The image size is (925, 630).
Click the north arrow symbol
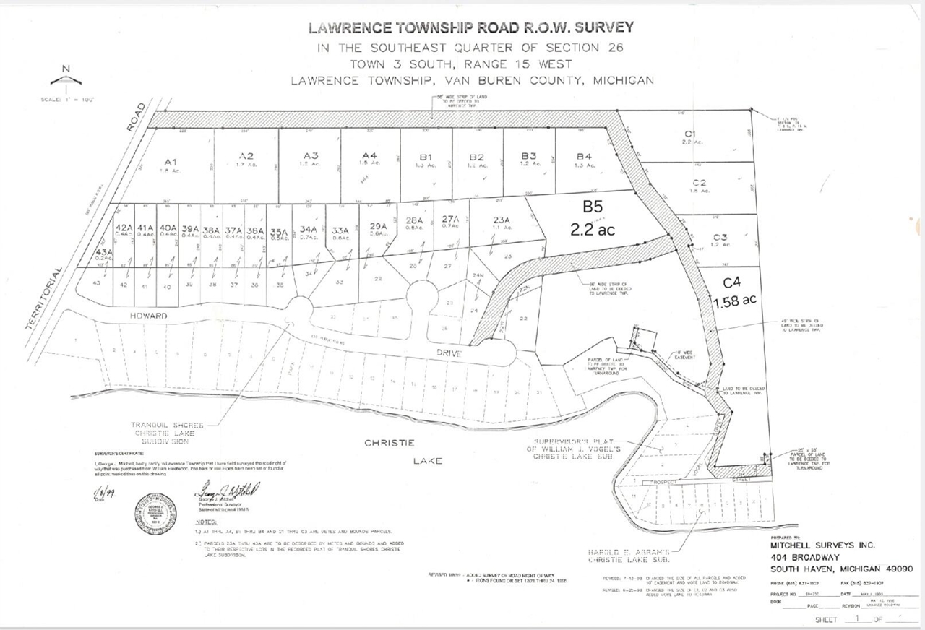(x=66, y=79)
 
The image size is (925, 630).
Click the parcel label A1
(x=171, y=161)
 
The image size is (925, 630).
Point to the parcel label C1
(x=690, y=134)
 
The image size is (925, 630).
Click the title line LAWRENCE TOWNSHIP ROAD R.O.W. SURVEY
(x=471, y=28)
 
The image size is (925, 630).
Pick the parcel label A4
(x=370, y=156)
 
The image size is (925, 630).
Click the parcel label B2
(x=476, y=157)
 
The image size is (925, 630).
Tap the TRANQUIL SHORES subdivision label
(x=167, y=426)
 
